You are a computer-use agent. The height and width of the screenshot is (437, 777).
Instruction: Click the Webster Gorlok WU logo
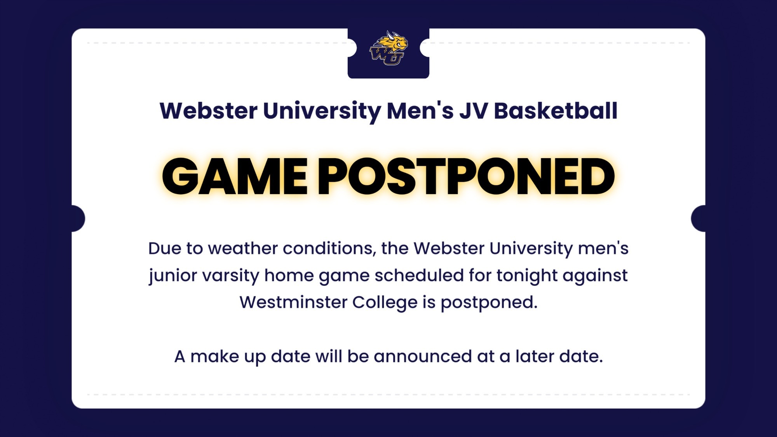click(x=388, y=48)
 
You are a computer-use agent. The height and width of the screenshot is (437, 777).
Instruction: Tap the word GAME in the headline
click(x=235, y=176)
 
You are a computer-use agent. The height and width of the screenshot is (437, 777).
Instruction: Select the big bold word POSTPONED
click(x=466, y=176)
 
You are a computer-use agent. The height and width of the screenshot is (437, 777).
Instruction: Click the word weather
click(x=248, y=248)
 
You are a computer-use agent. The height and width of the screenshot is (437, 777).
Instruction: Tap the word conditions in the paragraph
click(x=333, y=248)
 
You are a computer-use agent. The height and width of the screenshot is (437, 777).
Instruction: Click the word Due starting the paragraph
click(x=164, y=249)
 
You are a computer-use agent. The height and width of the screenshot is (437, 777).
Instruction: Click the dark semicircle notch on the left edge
click(x=78, y=219)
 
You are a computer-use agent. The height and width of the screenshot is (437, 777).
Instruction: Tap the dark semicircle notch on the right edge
click(x=698, y=219)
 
